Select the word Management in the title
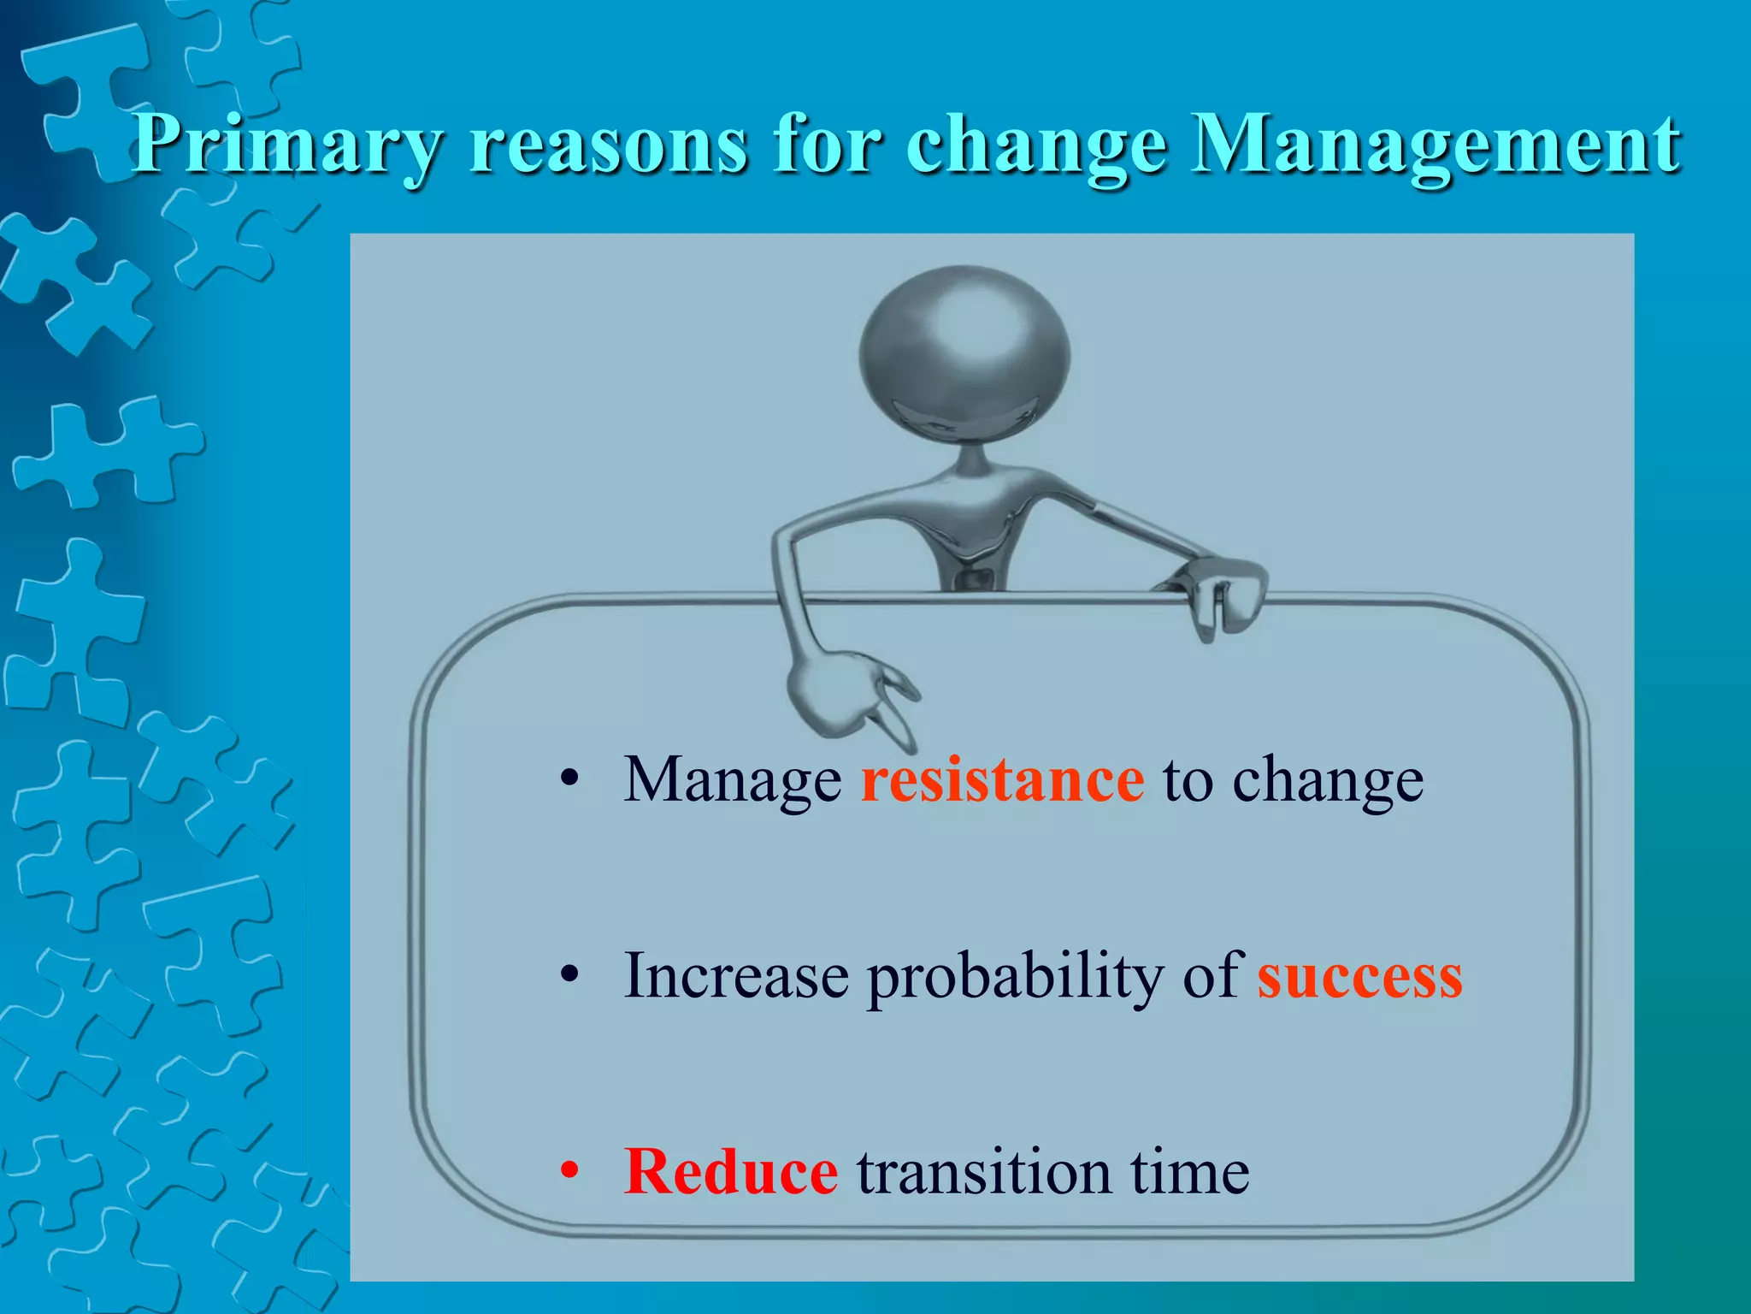tap(1436, 145)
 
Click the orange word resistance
tap(1002, 779)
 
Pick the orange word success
tap(1359, 976)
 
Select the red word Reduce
tap(731, 1171)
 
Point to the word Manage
tap(732, 781)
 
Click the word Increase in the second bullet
tap(736, 976)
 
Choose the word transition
tap(984, 1171)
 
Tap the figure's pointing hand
tap(846, 693)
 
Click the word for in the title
tap(826, 145)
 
